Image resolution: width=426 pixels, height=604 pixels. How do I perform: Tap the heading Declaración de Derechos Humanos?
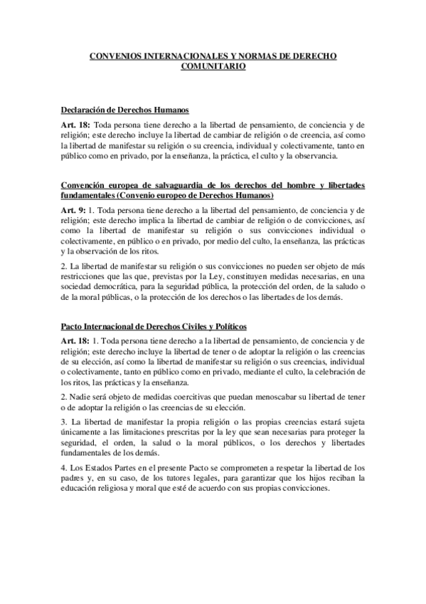(x=124, y=110)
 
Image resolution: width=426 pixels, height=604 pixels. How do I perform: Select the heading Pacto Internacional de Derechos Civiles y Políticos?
(x=154, y=326)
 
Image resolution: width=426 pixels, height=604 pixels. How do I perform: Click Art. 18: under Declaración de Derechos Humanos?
(x=76, y=125)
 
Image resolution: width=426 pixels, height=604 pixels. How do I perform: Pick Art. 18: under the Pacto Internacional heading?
(x=76, y=341)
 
